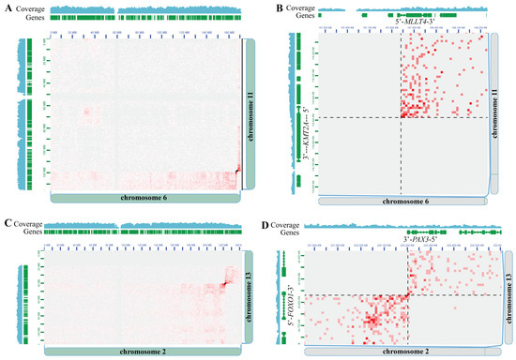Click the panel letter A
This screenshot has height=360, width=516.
8,10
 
